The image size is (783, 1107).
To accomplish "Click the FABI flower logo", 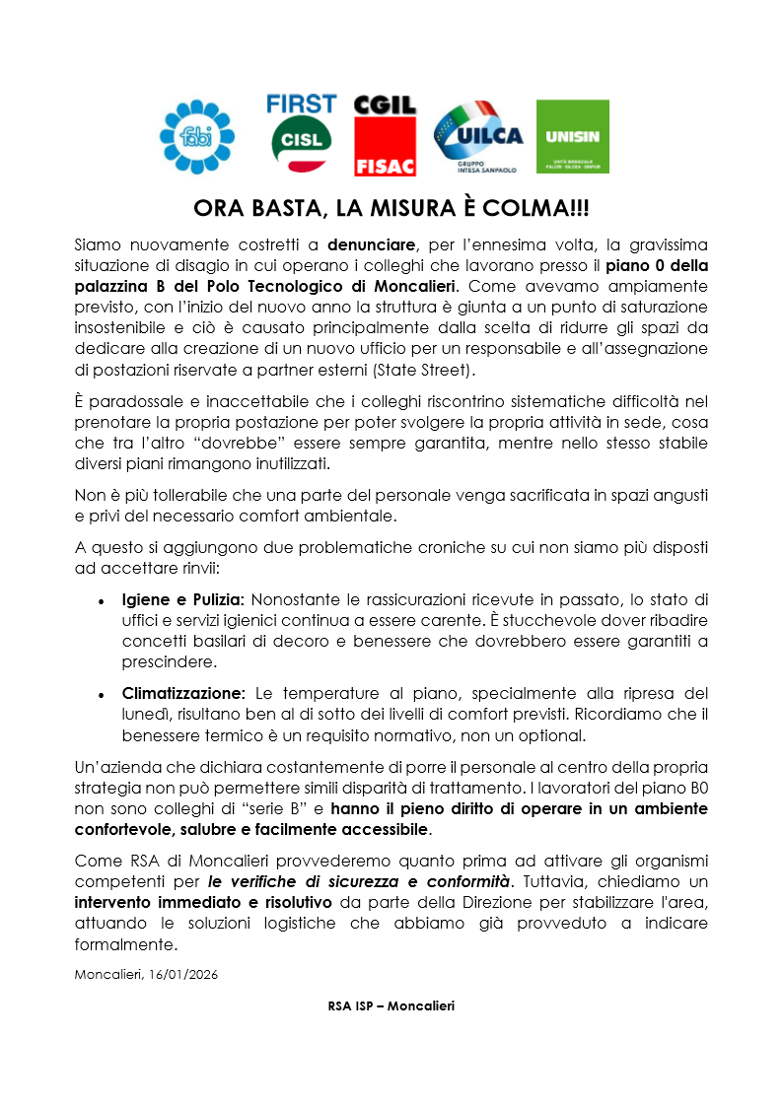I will click(197, 136).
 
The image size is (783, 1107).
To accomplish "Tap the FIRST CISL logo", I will click(301, 133).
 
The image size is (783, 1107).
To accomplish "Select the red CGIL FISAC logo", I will click(385, 135).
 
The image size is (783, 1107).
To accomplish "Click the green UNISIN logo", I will click(572, 136).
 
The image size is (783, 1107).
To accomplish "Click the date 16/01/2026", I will click(183, 974).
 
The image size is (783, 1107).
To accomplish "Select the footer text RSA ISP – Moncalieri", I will click(391, 1005).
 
